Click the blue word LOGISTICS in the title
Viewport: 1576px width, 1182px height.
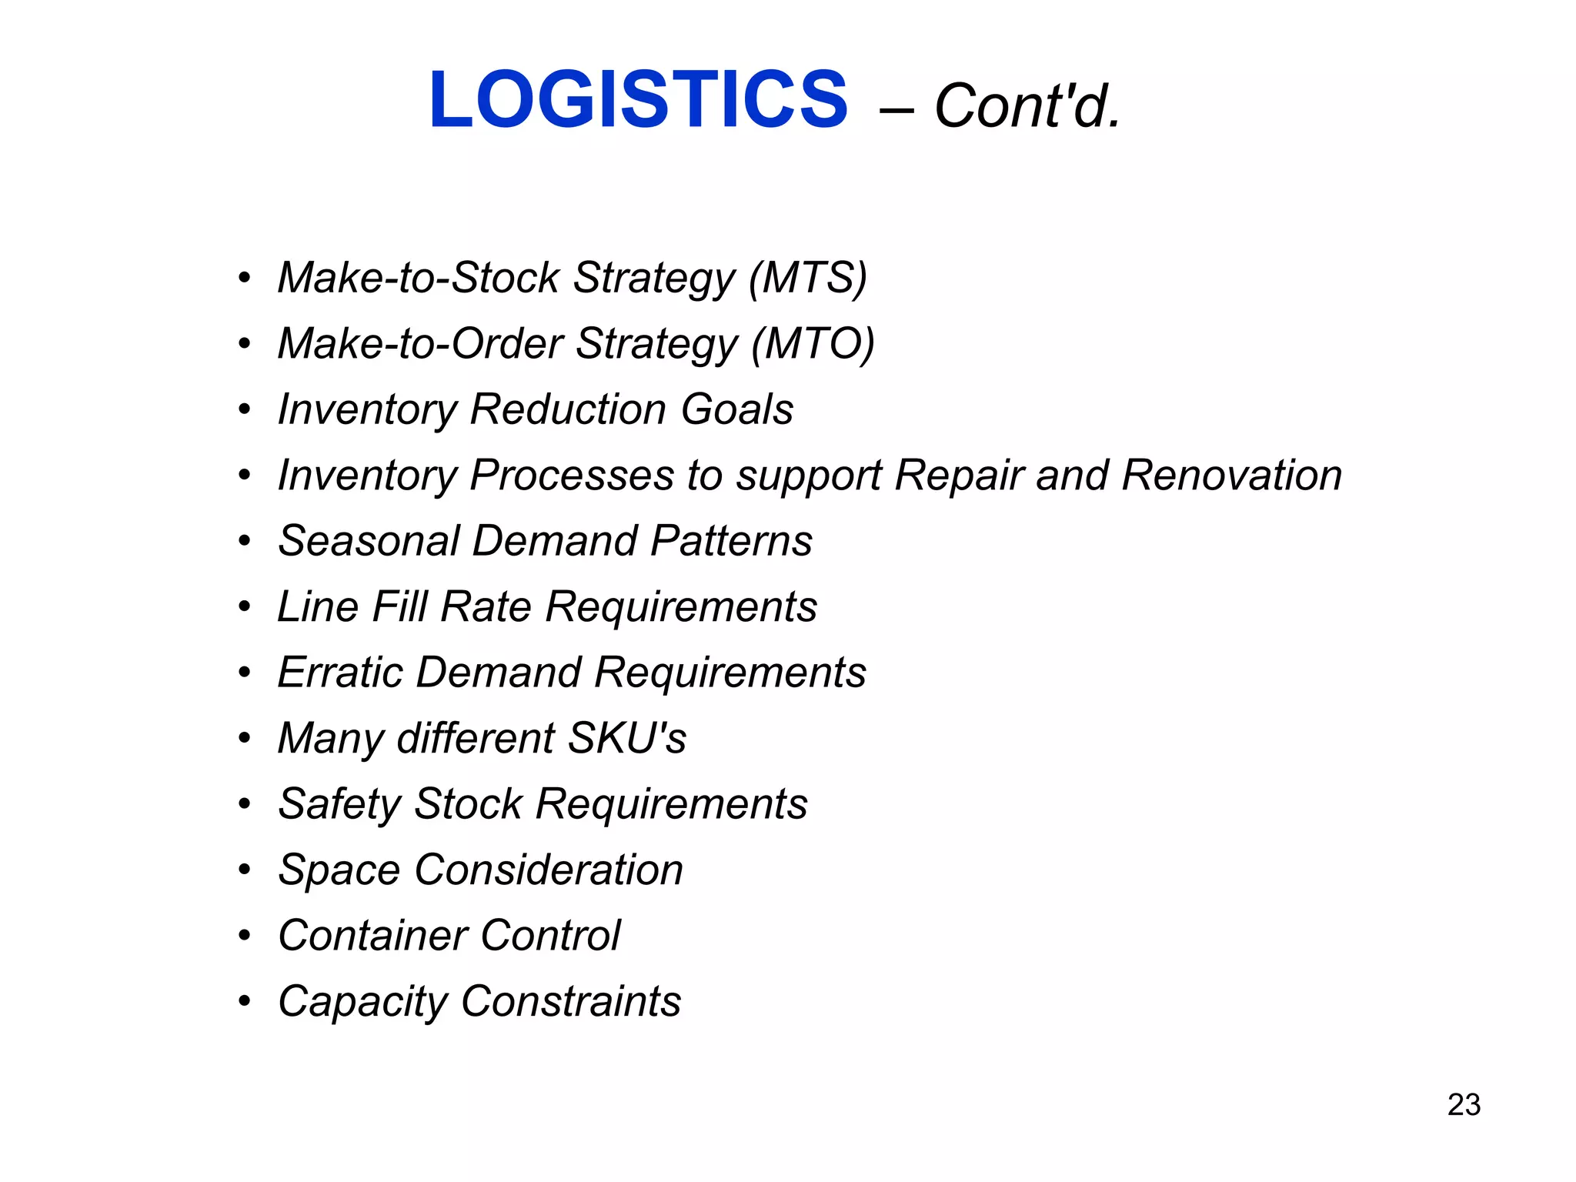tap(638, 100)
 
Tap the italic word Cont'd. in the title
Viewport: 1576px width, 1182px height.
tap(1027, 106)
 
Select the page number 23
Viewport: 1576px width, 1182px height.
tap(1464, 1105)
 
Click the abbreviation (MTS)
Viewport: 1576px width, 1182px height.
tap(808, 278)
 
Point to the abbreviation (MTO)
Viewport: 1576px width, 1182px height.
tap(813, 343)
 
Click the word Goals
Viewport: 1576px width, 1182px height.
tap(737, 409)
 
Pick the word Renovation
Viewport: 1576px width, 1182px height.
tap(1231, 475)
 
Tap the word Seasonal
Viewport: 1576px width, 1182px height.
tap(368, 540)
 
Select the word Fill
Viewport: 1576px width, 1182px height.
tap(399, 606)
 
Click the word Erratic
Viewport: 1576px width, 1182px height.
tap(340, 672)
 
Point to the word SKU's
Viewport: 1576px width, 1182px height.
tap(626, 738)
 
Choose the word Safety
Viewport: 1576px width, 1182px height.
tap(339, 805)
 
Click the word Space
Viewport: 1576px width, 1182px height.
tap(339, 870)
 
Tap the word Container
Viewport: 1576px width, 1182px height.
tap(372, 936)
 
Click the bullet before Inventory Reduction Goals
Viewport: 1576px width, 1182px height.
tap(245, 409)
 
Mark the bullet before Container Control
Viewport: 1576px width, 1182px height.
tap(245, 936)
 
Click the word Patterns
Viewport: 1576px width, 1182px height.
tap(731, 540)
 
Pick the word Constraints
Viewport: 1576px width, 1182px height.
tap(571, 1001)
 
